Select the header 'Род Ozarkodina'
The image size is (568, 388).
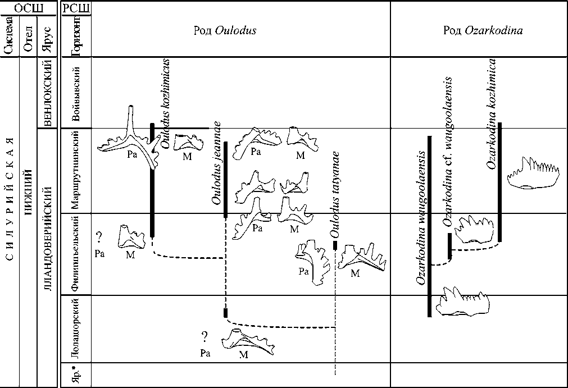483,31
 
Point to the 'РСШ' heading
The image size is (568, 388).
75,8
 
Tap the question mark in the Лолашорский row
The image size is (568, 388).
205,337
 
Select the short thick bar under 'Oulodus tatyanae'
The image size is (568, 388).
335,245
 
